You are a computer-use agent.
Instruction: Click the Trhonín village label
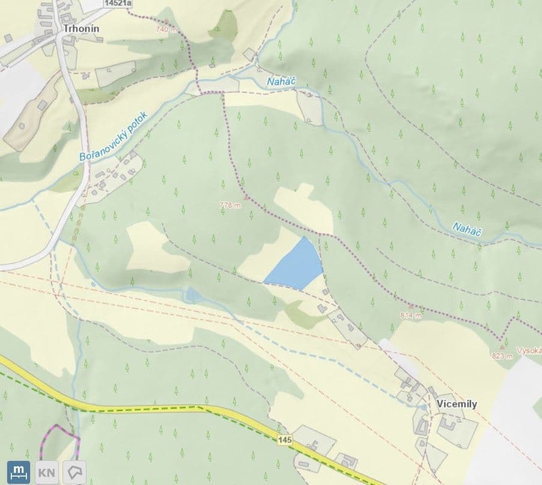[x=81, y=28]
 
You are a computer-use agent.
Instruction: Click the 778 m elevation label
[x=230, y=205]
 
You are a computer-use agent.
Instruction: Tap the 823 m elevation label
[x=502, y=355]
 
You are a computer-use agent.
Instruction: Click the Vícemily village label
[x=457, y=404]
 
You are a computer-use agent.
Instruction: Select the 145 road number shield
[x=285, y=441]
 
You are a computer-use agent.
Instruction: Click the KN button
[x=46, y=472]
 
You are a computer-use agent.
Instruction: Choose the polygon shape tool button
[x=76, y=472]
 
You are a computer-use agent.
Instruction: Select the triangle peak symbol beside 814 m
[x=412, y=307]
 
